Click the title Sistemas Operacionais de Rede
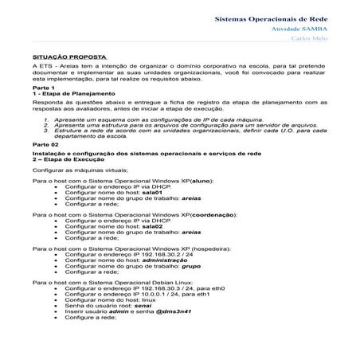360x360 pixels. click(x=283, y=16)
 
